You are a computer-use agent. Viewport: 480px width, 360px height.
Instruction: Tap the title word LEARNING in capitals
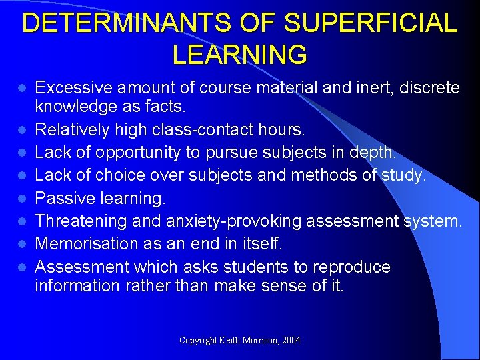click(240, 55)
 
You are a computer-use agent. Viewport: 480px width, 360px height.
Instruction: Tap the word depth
click(374, 153)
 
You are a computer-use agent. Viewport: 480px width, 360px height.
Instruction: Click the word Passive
click(63, 198)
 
